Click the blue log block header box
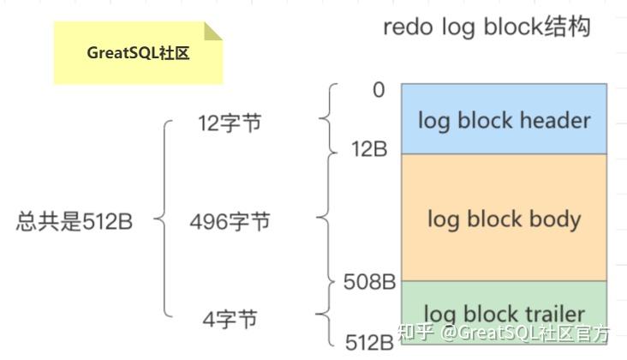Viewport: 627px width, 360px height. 504,118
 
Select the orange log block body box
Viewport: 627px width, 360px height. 504,217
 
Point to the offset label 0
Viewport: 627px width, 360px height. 379,89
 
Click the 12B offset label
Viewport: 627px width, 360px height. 368,148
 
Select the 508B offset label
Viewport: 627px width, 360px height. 368,280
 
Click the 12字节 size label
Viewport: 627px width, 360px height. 229,124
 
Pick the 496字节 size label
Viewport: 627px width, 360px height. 230,222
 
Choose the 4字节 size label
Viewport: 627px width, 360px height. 230,320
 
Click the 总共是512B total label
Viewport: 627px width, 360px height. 75,222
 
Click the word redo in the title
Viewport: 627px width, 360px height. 407,27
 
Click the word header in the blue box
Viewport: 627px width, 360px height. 556,119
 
